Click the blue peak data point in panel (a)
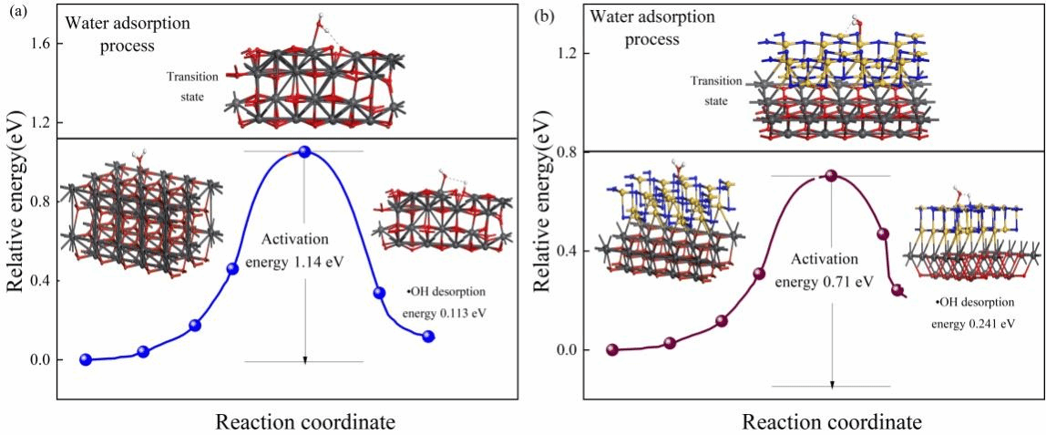click(304, 151)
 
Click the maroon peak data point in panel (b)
click(830, 175)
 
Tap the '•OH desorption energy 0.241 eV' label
click(974, 313)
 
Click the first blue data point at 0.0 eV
click(86, 359)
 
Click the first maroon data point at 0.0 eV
click(612, 350)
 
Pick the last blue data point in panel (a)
click(428, 337)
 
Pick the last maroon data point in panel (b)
click(897, 291)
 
